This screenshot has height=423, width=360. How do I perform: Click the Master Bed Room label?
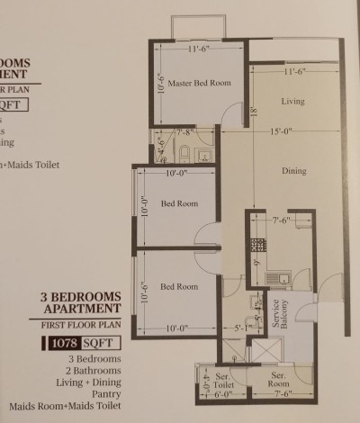pyautogui.click(x=199, y=83)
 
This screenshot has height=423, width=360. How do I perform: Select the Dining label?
pyautogui.click(x=293, y=171)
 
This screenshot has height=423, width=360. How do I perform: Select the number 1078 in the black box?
pyautogui.click(x=62, y=342)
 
